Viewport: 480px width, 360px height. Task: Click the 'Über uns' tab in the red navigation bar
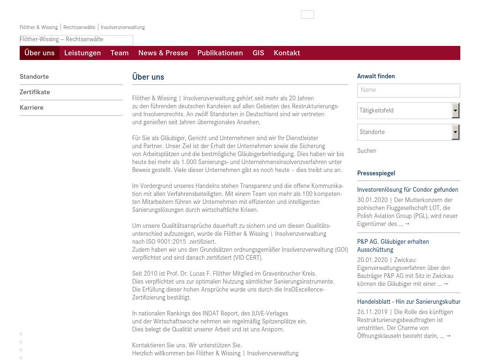[x=39, y=53]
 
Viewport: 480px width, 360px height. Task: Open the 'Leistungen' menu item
[x=82, y=53]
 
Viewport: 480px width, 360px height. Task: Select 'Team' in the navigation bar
[x=120, y=53]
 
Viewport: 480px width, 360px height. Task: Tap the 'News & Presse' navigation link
[x=163, y=53]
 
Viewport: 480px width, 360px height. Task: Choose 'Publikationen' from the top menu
[x=220, y=53]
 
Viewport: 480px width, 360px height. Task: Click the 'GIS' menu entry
[x=258, y=53]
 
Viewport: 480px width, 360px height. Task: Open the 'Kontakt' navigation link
[x=287, y=53]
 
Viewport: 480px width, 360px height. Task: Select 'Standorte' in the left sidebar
[x=34, y=76]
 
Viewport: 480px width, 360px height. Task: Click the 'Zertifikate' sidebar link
[x=35, y=92]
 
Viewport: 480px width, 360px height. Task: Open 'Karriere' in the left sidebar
[x=31, y=107]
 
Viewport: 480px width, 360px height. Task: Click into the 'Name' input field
[x=408, y=90]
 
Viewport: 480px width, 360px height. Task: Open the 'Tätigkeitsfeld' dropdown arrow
[x=455, y=111]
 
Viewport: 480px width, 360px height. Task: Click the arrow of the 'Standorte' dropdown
[x=455, y=132]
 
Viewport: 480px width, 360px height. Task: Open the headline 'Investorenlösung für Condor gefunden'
[x=407, y=189]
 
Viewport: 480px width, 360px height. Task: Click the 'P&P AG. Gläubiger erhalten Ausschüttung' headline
[x=393, y=245]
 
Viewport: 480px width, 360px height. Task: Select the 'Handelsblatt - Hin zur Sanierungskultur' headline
[x=408, y=301]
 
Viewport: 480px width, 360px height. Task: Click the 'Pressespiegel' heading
[x=376, y=173]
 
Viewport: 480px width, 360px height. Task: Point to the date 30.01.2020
[x=372, y=200]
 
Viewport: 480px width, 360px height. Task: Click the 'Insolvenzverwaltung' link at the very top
[x=123, y=27]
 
